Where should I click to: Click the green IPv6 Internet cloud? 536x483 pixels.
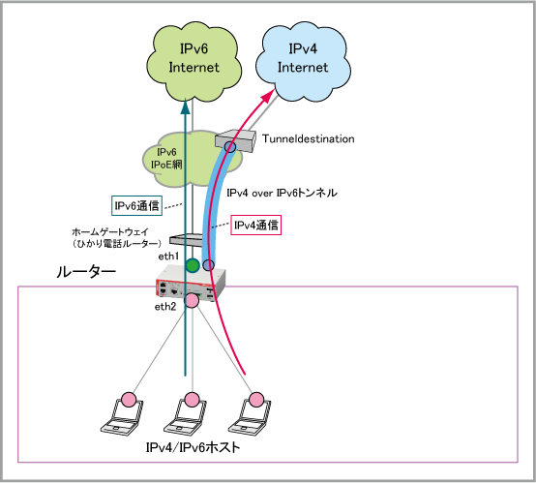(194, 62)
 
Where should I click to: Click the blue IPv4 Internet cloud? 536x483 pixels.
(303, 61)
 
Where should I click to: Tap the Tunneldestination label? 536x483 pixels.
(308, 138)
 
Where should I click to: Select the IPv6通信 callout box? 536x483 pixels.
(136, 205)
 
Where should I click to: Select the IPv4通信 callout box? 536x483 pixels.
(256, 225)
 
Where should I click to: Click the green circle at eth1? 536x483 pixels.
(193, 265)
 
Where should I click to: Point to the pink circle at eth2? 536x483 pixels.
(192, 300)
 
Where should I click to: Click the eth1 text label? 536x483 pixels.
(168, 257)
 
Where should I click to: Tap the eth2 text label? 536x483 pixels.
(165, 307)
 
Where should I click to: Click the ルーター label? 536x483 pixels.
(86, 272)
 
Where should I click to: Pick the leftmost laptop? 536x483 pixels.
(123, 415)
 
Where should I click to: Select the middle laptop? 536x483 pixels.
(187, 415)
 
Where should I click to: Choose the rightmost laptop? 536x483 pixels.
(251, 415)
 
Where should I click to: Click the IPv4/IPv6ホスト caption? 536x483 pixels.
(194, 447)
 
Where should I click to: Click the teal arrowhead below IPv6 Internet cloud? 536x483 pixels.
(185, 106)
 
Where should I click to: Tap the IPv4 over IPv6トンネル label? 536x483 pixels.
(282, 193)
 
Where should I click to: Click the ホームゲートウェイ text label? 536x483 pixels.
(110, 232)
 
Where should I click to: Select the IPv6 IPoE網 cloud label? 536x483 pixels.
(166, 159)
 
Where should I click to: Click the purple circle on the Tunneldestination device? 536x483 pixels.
(230, 147)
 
